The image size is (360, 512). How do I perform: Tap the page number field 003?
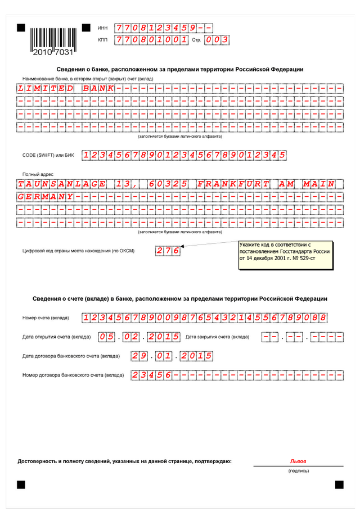pos(217,40)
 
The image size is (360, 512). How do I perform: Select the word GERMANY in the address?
pos(46,197)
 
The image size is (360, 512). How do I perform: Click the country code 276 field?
pos(168,251)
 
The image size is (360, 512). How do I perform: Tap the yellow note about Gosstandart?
pos(285,255)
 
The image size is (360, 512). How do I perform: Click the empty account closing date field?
pos(303,337)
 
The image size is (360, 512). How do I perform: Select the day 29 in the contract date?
pos(139,356)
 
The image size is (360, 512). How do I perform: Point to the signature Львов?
pos(298,461)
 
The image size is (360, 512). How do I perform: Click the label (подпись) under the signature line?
pos(298,470)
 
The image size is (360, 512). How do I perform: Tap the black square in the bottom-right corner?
pos(339,484)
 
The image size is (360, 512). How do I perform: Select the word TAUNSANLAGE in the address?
pos(62,184)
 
